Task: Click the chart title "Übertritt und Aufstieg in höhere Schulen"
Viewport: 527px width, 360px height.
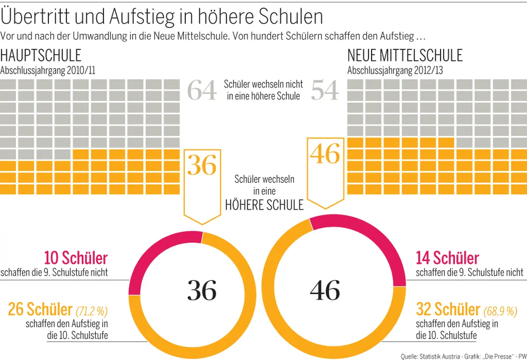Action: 162,17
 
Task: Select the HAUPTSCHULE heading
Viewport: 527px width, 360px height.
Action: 41,56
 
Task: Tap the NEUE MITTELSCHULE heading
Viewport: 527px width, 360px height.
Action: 405,56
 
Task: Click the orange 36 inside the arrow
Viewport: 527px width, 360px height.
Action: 202,166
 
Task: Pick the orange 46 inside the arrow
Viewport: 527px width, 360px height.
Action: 325,154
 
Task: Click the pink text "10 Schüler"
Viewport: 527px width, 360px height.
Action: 76,258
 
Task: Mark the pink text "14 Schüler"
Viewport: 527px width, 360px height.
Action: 448,258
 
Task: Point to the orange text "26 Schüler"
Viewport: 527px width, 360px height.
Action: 40,309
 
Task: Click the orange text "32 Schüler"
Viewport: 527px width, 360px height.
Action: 448,309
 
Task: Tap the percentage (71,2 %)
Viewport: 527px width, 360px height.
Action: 92,311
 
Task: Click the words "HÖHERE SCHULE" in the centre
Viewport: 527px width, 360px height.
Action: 264,205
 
